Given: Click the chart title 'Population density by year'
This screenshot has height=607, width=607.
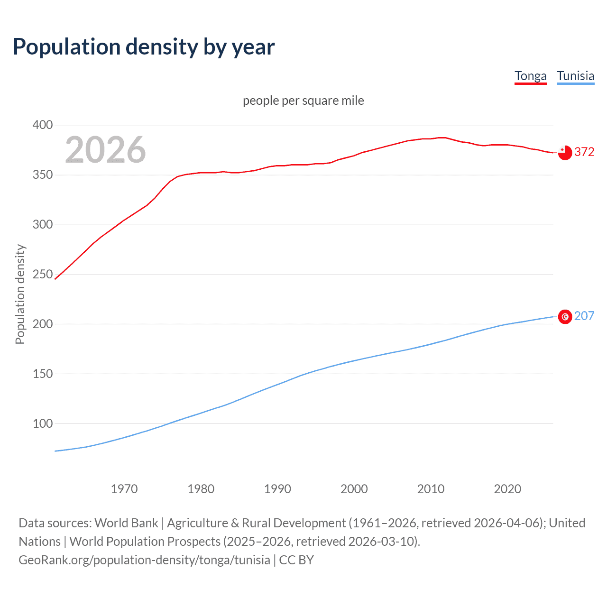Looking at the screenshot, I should point(144,47).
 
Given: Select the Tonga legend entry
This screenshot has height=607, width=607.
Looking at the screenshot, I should point(530,76).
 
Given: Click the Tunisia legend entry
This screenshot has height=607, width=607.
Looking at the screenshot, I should point(575,76).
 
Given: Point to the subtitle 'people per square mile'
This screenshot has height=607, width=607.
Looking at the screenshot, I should point(303,101).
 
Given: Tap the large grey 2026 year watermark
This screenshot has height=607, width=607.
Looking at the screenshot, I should point(105,150).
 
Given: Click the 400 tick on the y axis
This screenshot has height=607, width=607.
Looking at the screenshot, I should point(42,125).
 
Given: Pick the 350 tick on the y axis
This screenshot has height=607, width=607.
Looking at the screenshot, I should point(42,175).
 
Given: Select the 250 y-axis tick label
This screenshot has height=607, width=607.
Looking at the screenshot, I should point(42,274).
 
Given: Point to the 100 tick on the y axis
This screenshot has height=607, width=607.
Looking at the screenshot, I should point(42,423).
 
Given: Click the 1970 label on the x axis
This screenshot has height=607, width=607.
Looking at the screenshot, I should point(124,489).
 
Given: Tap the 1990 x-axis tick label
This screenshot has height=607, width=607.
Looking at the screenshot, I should point(277,489).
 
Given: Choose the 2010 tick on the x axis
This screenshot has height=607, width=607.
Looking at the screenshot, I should point(431,489).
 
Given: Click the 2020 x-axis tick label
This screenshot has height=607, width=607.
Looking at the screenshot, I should point(507,489).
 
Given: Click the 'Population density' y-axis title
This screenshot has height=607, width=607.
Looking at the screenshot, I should point(20,294).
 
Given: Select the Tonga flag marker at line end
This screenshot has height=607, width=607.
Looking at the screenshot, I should point(565,153).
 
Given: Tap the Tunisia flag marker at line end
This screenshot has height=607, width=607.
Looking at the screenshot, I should point(565,316).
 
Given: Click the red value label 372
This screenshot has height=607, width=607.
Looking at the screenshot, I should point(584,152).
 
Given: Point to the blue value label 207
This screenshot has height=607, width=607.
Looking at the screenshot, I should point(584,316).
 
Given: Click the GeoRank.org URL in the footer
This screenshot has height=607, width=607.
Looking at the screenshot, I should point(144,560).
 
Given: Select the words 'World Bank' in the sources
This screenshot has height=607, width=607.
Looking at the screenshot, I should point(126,523).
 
